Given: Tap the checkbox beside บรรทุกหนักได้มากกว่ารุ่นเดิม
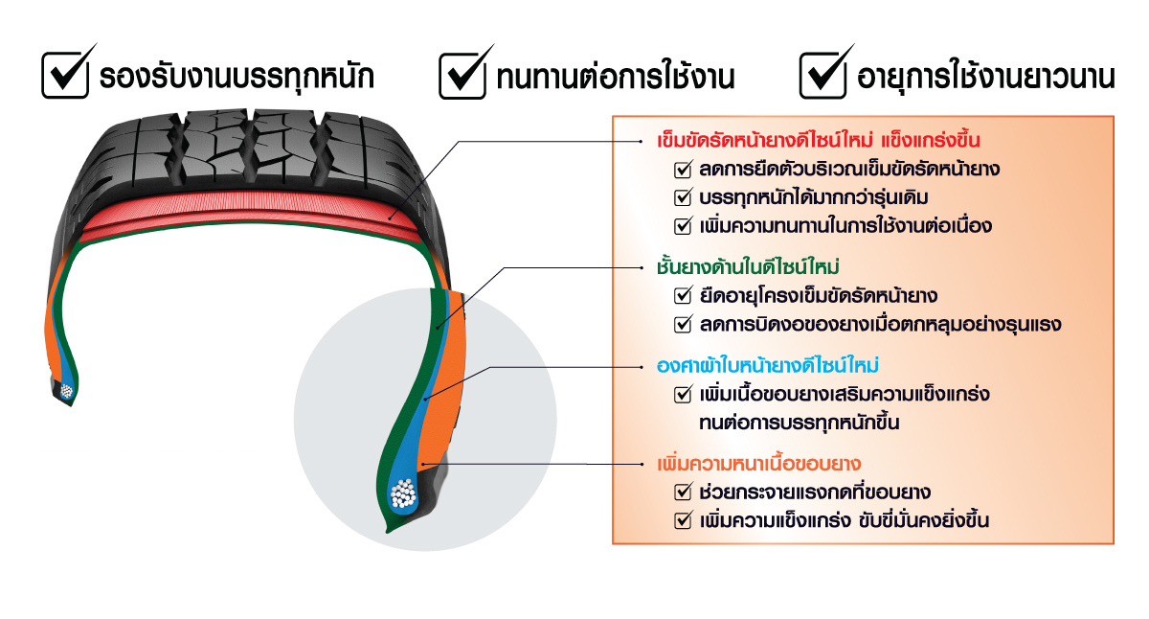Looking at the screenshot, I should point(683,198).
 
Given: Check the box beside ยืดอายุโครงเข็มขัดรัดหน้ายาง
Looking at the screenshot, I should point(683,295).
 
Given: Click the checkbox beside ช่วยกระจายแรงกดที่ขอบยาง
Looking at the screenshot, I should point(683,493).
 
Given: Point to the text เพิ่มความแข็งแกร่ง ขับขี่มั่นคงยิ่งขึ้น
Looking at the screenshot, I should point(845,521).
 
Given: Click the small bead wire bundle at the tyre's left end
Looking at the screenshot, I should point(66,390).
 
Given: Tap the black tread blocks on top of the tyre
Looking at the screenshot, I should point(239,144).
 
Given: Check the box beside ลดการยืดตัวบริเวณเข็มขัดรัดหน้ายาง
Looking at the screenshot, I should point(683,170).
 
